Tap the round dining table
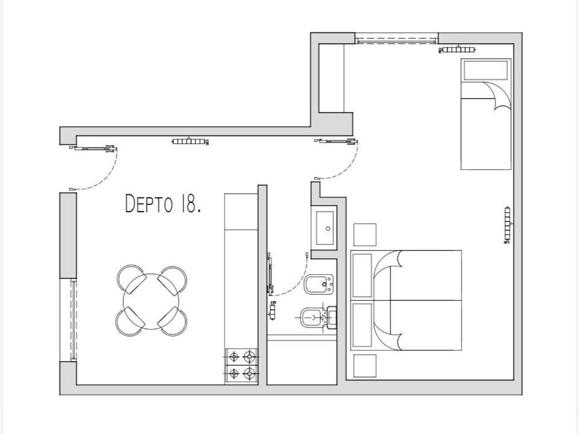151,301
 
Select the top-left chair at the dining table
131,279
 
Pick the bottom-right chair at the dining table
172,322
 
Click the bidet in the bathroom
318,285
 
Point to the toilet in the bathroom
318,317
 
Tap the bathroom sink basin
325,228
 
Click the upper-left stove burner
234,356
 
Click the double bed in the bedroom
406,300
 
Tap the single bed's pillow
486,70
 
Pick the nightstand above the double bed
365,234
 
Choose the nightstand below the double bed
365,366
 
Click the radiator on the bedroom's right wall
507,225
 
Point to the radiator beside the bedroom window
457,49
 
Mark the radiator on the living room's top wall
190,141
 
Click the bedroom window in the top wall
397,39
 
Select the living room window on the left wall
73,319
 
